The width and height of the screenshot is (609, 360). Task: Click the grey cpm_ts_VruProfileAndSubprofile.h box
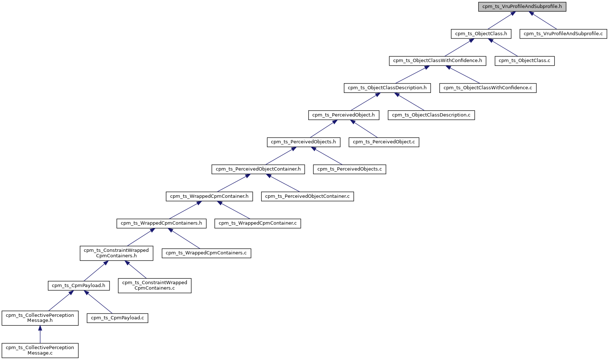pos(522,7)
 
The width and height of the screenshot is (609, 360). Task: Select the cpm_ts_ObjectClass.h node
pos(481,34)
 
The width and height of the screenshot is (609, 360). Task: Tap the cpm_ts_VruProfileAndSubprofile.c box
pos(563,34)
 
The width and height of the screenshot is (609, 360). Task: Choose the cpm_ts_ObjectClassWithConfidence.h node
pos(437,61)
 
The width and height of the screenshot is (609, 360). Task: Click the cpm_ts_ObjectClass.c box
pos(524,61)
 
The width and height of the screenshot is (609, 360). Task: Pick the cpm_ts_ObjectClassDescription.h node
pos(387,88)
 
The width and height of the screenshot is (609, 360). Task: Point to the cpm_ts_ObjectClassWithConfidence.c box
pos(487,88)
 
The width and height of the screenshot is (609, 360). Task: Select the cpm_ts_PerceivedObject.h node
pos(343,115)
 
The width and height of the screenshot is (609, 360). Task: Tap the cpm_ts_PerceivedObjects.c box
pos(349,169)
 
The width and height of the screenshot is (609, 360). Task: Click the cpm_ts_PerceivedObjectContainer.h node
pos(258,169)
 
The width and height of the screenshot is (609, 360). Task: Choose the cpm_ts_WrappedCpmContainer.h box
pos(209,196)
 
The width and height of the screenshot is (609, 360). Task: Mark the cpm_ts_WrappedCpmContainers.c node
pos(206,253)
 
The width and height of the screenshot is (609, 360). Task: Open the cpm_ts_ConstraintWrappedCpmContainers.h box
pos(116,253)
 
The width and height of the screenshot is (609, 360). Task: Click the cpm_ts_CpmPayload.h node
pos(78,286)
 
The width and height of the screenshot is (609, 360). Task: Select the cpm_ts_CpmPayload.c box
pos(117,318)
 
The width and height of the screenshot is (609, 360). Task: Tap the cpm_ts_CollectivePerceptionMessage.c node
pos(40,350)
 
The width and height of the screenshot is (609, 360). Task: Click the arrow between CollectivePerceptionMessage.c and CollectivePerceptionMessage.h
pos(40,334)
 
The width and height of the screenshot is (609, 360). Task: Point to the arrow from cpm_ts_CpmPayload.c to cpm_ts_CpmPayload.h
pos(99,302)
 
